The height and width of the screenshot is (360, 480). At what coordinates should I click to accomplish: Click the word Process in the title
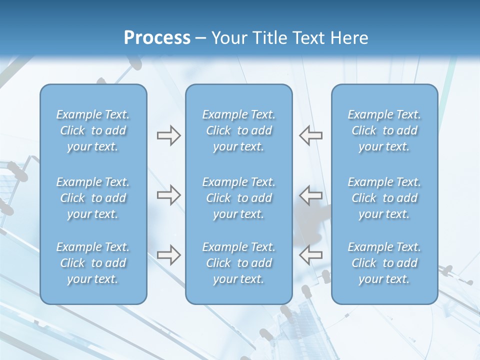pyautogui.click(x=157, y=38)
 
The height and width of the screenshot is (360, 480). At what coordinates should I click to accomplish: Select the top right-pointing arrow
pyautogui.click(x=168, y=135)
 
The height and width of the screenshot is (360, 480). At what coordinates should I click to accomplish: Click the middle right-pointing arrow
pyautogui.click(x=168, y=195)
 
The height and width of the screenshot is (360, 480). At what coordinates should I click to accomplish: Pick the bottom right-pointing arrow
pyautogui.click(x=168, y=254)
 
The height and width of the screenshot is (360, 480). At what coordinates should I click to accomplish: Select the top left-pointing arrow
pyautogui.click(x=311, y=135)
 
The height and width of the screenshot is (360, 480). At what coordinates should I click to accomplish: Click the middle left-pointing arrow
pyautogui.click(x=311, y=195)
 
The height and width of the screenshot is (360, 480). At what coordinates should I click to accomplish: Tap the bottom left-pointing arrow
pyautogui.click(x=311, y=254)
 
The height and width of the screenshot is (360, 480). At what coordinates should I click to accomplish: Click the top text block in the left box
pyautogui.click(x=93, y=130)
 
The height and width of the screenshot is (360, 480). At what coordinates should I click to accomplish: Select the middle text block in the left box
pyautogui.click(x=93, y=198)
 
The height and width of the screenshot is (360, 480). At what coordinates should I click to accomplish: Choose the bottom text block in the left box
pyautogui.click(x=93, y=263)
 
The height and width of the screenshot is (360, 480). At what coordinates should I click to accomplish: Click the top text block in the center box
pyautogui.click(x=238, y=130)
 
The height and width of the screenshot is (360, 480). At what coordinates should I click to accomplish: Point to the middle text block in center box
pyautogui.click(x=238, y=198)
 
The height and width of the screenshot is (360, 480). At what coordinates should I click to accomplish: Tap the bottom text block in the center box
pyautogui.click(x=238, y=263)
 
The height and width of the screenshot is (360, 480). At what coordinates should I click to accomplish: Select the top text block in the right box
pyautogui.click(x=384, y=130)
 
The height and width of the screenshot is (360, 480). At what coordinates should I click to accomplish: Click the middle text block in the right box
pyautogui.click(x=384, y=198)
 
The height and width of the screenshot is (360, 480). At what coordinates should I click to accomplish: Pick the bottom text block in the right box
pyautogui.click(x=384, y=263)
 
